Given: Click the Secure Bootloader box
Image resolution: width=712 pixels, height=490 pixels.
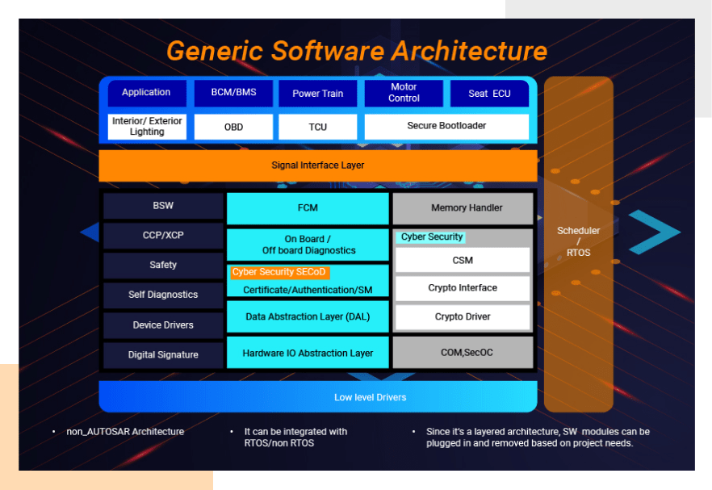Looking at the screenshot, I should [446, 126].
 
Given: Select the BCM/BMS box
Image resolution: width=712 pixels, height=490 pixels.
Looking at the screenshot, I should [233, 93].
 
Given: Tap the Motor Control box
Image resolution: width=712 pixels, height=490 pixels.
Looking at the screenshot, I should [404, 93].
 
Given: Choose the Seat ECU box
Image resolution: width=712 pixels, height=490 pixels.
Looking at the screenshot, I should [489, 93].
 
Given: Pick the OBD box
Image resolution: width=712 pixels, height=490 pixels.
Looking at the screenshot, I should [233, 127].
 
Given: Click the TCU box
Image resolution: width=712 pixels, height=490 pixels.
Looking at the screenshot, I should [317, 127].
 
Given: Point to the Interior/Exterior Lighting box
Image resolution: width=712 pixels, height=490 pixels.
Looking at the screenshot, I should [147, 127].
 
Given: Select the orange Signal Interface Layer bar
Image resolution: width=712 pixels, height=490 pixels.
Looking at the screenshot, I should [317, 165].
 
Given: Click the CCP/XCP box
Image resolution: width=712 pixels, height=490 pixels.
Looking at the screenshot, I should [163, 236].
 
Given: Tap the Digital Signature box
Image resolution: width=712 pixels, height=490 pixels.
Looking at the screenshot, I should [163, 354].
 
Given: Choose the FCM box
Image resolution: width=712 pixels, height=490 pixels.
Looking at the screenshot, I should [308, 208].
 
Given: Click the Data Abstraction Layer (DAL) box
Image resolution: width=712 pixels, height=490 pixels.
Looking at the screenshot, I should [308, 316].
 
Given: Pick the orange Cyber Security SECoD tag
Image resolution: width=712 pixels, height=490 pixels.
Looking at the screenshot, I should [279, 272].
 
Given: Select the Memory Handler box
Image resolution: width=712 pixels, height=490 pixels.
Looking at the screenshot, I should [463, 208].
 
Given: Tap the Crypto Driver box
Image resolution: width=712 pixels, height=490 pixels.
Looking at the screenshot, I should [463, 316].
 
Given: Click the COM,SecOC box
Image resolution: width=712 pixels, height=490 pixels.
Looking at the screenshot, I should [463, 353].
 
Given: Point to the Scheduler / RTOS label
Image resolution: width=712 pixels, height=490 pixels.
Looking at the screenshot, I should [578, 241].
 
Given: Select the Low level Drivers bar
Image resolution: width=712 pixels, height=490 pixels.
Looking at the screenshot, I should [317, 397].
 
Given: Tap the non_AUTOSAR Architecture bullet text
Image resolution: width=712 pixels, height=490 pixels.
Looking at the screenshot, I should [125, 432].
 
